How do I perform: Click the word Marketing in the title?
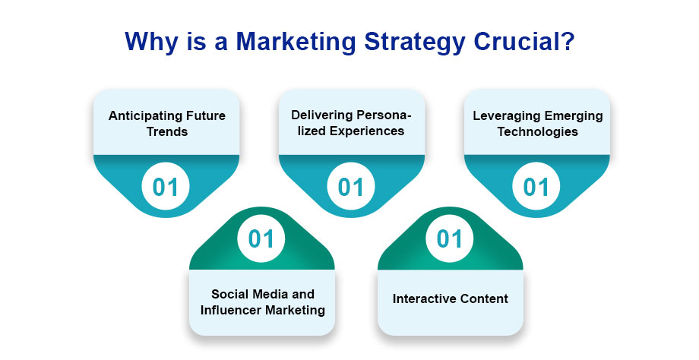point(296,42)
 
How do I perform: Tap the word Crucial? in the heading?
point(523,42)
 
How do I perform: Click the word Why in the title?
point(150,43)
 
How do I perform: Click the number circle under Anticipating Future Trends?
point(166,187)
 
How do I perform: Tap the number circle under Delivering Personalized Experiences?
point(351,187)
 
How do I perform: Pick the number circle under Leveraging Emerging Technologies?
point(536,187)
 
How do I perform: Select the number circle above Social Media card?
point(261,238)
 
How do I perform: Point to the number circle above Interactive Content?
point(450,238)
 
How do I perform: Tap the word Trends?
point(167,132)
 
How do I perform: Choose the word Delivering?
point(318,115)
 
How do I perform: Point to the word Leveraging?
point(501,116)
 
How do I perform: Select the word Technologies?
point(538,132)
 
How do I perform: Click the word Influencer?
point(231,310)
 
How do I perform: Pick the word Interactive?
point(422,298)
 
